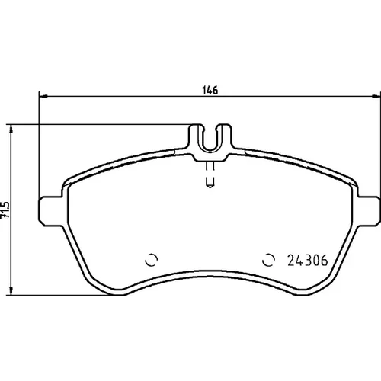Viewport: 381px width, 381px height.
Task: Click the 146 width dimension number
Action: tap(210, 90)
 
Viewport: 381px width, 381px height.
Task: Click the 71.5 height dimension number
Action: tap(5, 210)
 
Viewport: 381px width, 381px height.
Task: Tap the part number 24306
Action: tap(308, 261)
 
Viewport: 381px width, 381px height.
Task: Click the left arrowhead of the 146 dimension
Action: tap(43, 97)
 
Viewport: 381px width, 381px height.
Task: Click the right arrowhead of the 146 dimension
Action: tap(376, 97)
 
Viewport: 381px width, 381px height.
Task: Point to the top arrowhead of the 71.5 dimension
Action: tap(11, 129)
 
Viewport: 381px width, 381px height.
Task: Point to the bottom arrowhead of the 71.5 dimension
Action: tap(11, 291)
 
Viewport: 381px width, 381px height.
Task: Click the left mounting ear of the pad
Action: tap(51, 211)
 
